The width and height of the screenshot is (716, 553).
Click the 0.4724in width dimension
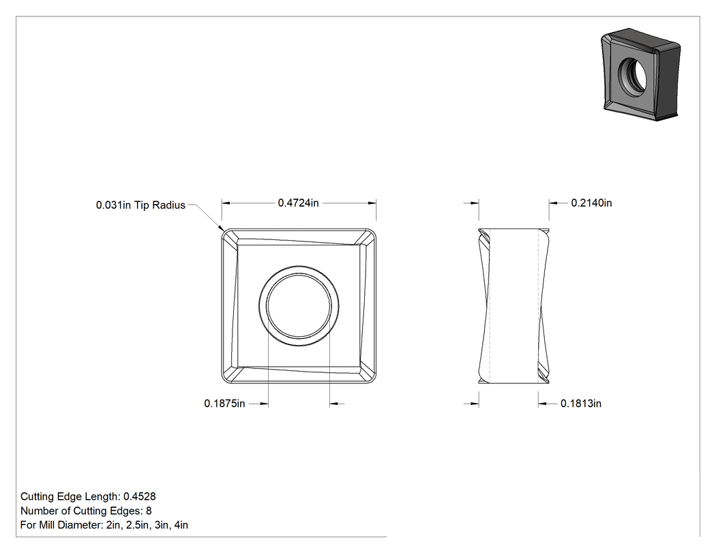pos(298,203)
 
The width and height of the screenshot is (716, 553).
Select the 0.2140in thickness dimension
pos(591,203)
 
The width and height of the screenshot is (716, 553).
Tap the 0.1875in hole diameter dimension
pos(224,404)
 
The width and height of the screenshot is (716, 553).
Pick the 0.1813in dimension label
pos(581,404)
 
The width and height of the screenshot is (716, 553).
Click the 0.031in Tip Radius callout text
pos(140,205)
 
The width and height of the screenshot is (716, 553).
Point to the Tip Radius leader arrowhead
pos(221,230)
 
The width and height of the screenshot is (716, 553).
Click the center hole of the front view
pos(299,306)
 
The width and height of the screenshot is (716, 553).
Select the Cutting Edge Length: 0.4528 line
pos(88,496)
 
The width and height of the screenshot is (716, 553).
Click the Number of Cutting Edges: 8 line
pos(86,511)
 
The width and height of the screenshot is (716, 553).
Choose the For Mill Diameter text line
pos(104,524)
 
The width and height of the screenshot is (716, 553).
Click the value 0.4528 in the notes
pos(140,496)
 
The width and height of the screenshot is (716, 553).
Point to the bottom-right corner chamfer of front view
pos(367,374)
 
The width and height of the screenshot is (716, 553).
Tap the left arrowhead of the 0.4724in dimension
pos(226,203)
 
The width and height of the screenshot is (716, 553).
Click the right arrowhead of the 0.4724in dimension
pos(372,203)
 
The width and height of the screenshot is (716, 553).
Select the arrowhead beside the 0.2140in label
pos(553,203)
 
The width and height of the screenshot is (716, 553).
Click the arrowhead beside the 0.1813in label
pos(542,404)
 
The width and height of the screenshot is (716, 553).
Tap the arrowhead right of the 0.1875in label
pos(264,404)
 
